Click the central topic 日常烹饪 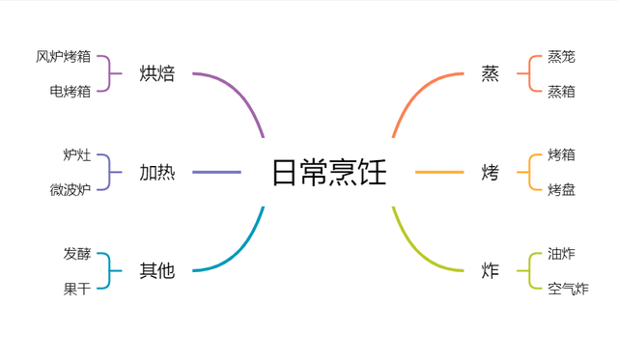point(328,173)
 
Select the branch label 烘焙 point(157,73)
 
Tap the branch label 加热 point(157,173)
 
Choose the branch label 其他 point(157,271)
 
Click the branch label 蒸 point(491,73)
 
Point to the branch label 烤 point(491,173)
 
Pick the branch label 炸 point(491,271)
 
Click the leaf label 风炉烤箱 point(64,56)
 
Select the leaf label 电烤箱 point(70,91)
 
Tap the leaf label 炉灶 point(77,154)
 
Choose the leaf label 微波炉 point(70,190)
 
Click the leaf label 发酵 point(77,254)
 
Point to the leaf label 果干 point(77,289)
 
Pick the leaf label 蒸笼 point(561,56)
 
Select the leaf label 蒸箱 point(561,91)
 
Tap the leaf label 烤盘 point(561,190)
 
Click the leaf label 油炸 point(561,254)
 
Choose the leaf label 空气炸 point(568,289)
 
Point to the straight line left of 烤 point(439,173)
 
